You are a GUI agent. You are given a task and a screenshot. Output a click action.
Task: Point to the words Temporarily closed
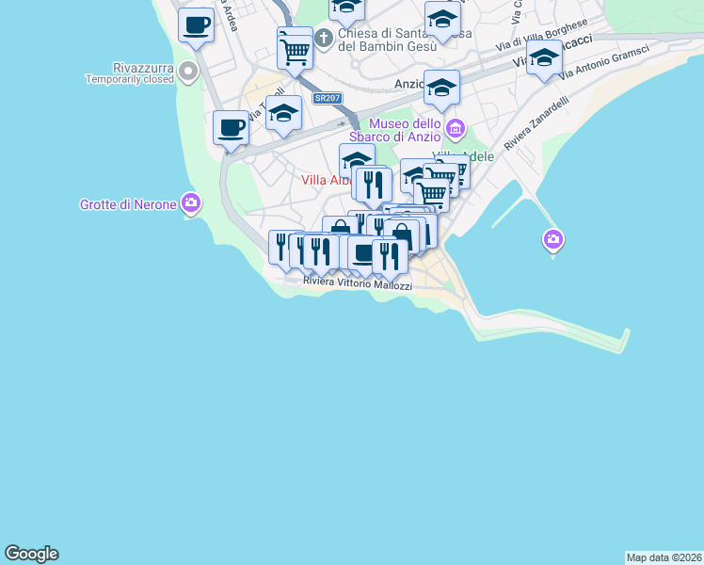point(130,80)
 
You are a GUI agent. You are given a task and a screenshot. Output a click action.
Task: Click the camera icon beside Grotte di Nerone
point(191,202)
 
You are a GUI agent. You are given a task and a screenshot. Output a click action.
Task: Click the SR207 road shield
point(327,97)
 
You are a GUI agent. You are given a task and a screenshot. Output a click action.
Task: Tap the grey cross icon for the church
point(323,39)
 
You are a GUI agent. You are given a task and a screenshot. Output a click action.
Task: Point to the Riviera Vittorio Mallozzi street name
point(358,282)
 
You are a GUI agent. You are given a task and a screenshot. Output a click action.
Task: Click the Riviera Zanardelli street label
point(536,124)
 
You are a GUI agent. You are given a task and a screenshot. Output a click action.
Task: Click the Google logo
point(31,554)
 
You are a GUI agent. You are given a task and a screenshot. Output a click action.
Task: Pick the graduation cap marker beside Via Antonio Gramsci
point(544,57)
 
